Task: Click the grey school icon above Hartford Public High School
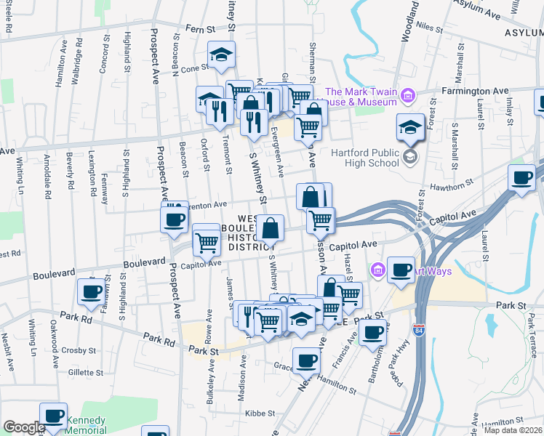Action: pyautogui.click(x=411, y=156)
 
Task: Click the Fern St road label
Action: pyautogui.click(x=201, y=30)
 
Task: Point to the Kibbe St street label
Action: pyautogui.click(x=260, y=413)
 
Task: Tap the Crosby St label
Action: pyautogui.click(x=73, y=350)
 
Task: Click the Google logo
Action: pyautogui.click(x=24, y=427)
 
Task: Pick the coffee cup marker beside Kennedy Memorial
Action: pyautogui.click(x=54, y=416)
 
